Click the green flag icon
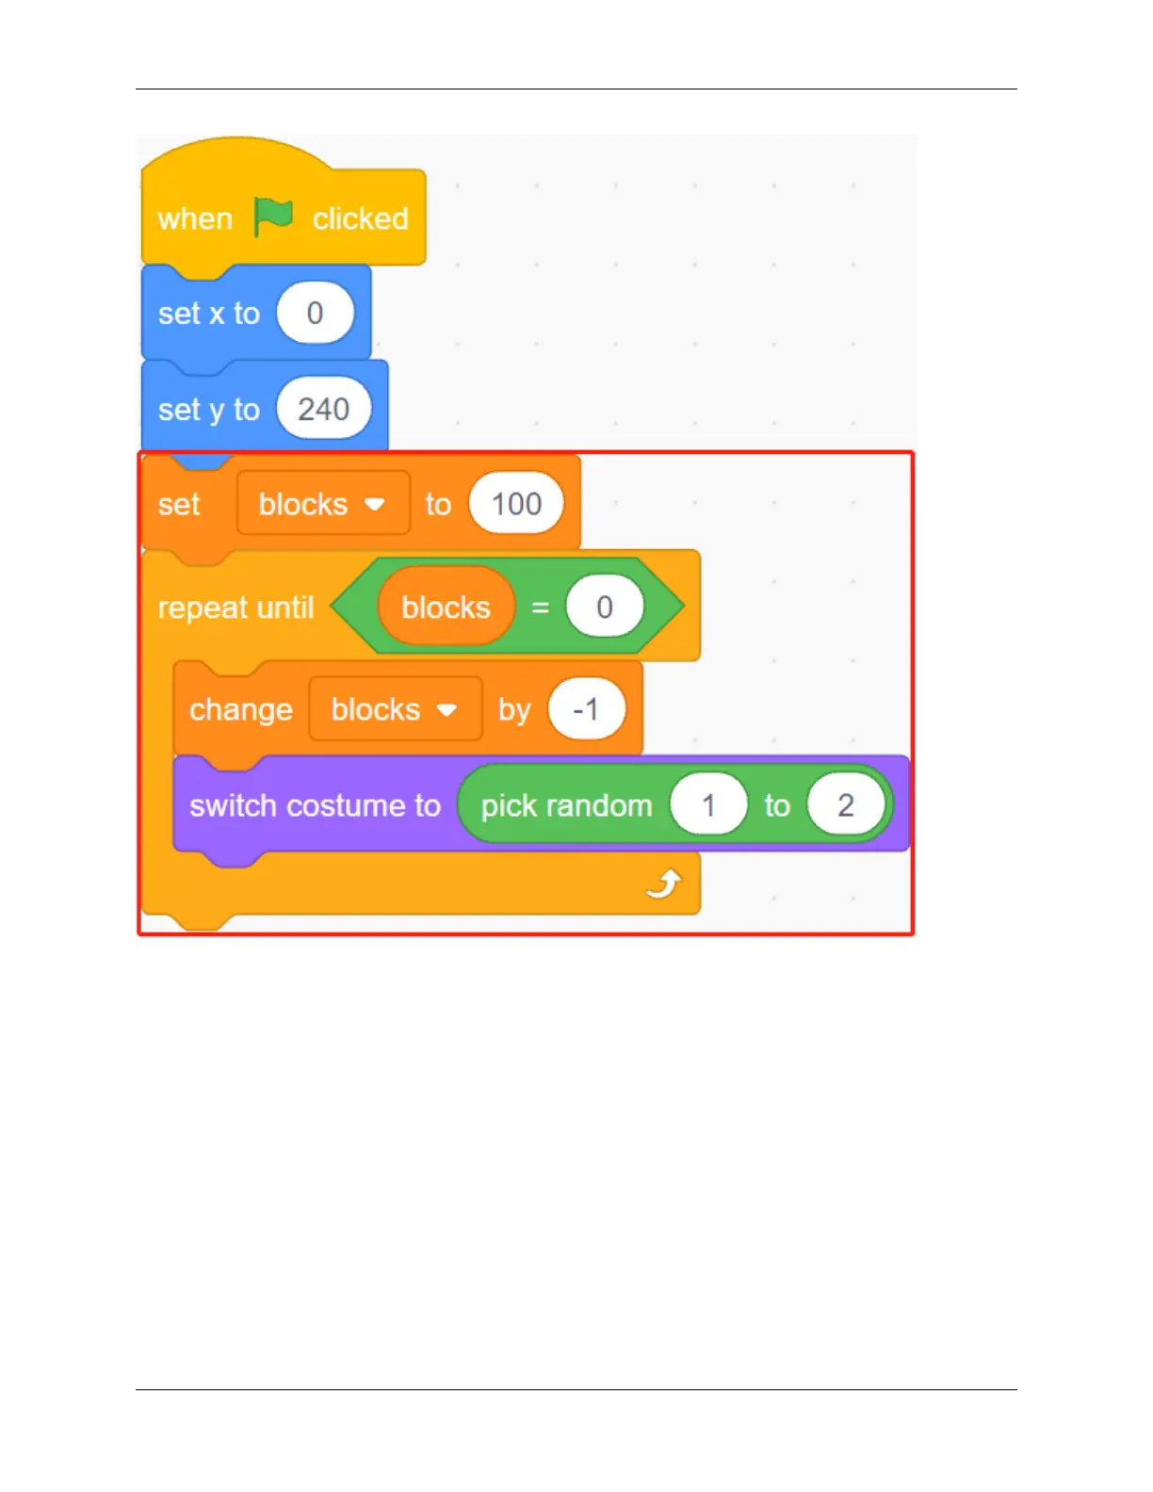pos(273,218)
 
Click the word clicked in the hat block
pos(360,219)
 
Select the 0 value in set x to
pos(316,313)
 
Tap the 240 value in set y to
pos(323,410)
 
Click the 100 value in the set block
pos(516,504)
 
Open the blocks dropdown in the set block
pos(374,505)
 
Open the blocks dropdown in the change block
pos(447,709)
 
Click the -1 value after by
pos(586,709)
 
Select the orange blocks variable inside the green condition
pos(446,608)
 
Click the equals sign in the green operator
pos(540,608)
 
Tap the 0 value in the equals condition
pos(605,608)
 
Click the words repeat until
pos(235,608)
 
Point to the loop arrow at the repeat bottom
pos(664,884)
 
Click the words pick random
pos(566,806)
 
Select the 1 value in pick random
pos(708,805)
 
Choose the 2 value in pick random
pos(845,805)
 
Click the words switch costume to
pos(315,806)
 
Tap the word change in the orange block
pos(240,709)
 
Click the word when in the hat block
pos(195,219)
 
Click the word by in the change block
pos(514,709)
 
